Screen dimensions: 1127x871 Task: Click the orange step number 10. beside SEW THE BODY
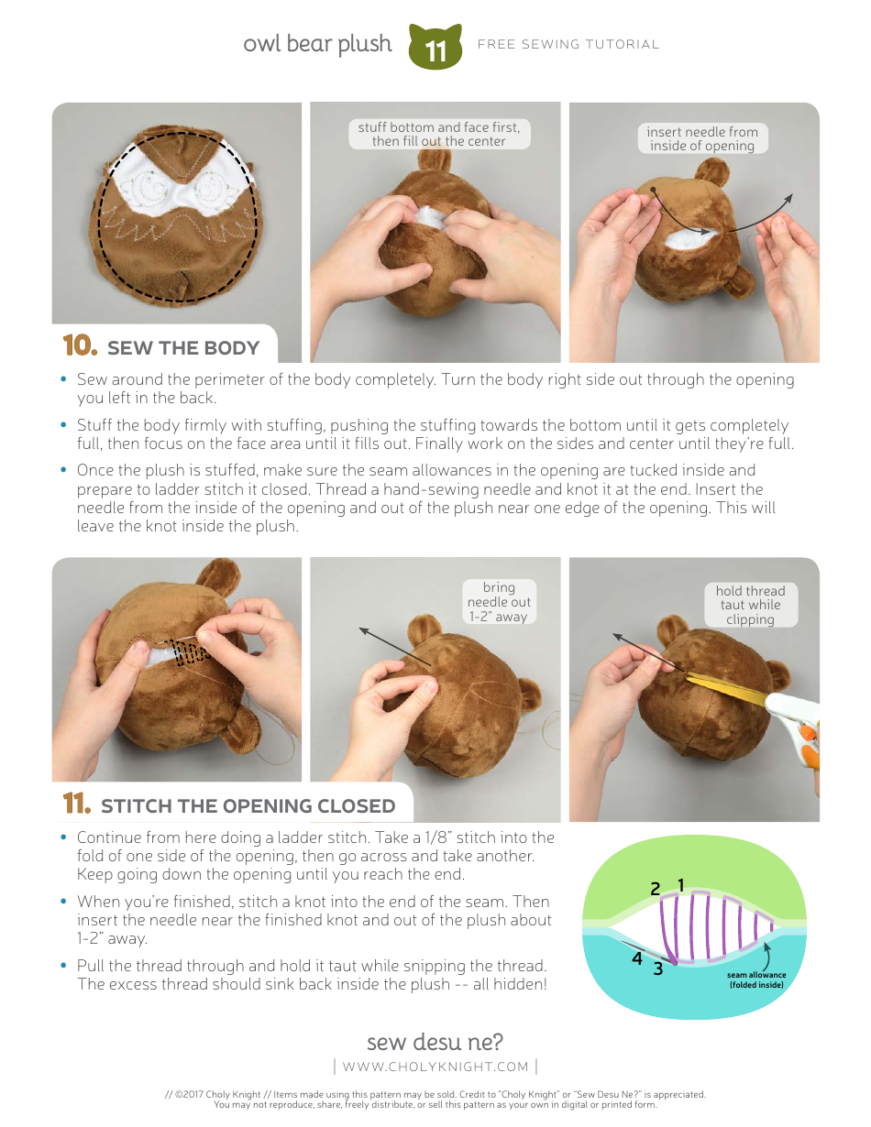coord(79,345)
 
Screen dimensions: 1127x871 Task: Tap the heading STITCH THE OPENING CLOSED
coord(248,806)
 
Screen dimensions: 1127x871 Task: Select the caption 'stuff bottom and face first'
coord(438,134)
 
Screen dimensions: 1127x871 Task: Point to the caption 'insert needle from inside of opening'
coord(702,138)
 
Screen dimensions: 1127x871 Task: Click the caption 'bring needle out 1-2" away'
coord(499,602)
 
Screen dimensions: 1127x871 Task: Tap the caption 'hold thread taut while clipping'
coord(750,605)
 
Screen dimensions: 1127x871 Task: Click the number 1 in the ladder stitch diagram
coord(681,884)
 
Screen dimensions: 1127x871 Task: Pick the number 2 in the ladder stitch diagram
coord(656,889)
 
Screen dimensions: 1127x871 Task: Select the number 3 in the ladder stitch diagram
coord(658,968)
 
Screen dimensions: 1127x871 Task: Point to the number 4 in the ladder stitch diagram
coord(636,959)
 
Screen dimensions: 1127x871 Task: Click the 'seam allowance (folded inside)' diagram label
coord(756,980)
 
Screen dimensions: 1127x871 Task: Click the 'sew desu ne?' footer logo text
coord(435,1042)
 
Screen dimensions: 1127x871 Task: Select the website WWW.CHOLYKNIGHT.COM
coord(435,1067)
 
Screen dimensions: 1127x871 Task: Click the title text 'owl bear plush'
coord(317,44)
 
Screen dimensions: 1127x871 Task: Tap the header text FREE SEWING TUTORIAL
coord(568,44)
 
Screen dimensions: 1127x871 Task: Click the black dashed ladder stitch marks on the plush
coord(190,651)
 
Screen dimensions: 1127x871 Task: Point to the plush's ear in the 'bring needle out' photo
coord(424,630)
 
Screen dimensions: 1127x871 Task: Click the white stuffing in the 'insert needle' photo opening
coord(683,240)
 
